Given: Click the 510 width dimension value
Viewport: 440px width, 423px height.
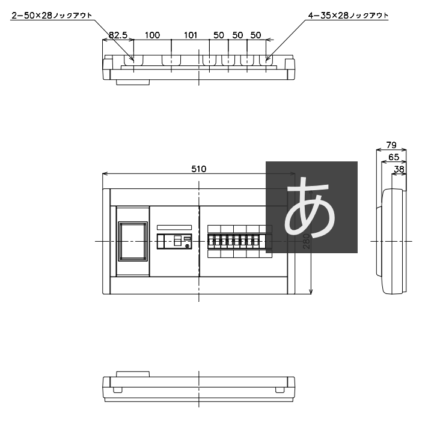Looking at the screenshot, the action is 199,169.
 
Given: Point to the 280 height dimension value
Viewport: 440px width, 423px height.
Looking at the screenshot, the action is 307,241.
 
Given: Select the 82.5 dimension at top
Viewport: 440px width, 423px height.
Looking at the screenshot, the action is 118,35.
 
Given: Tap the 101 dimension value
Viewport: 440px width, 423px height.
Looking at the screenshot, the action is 191,35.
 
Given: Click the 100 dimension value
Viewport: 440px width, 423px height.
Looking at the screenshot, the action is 152,35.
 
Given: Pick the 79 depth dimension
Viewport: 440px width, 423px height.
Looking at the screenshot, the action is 391,145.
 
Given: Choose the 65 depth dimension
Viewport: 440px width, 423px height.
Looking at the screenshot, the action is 394,157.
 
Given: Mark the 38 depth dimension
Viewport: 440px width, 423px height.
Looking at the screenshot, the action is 399,169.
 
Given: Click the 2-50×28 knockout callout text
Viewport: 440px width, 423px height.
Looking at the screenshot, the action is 52,16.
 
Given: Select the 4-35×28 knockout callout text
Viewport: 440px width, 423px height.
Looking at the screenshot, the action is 348,16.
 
